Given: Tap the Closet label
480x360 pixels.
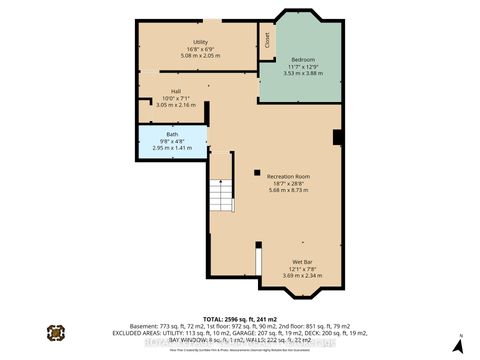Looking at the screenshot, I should tap(267, 40).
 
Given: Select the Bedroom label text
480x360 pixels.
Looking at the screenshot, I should tap(301, 59).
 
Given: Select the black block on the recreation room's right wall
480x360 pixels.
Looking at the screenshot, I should tap(337, 137).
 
